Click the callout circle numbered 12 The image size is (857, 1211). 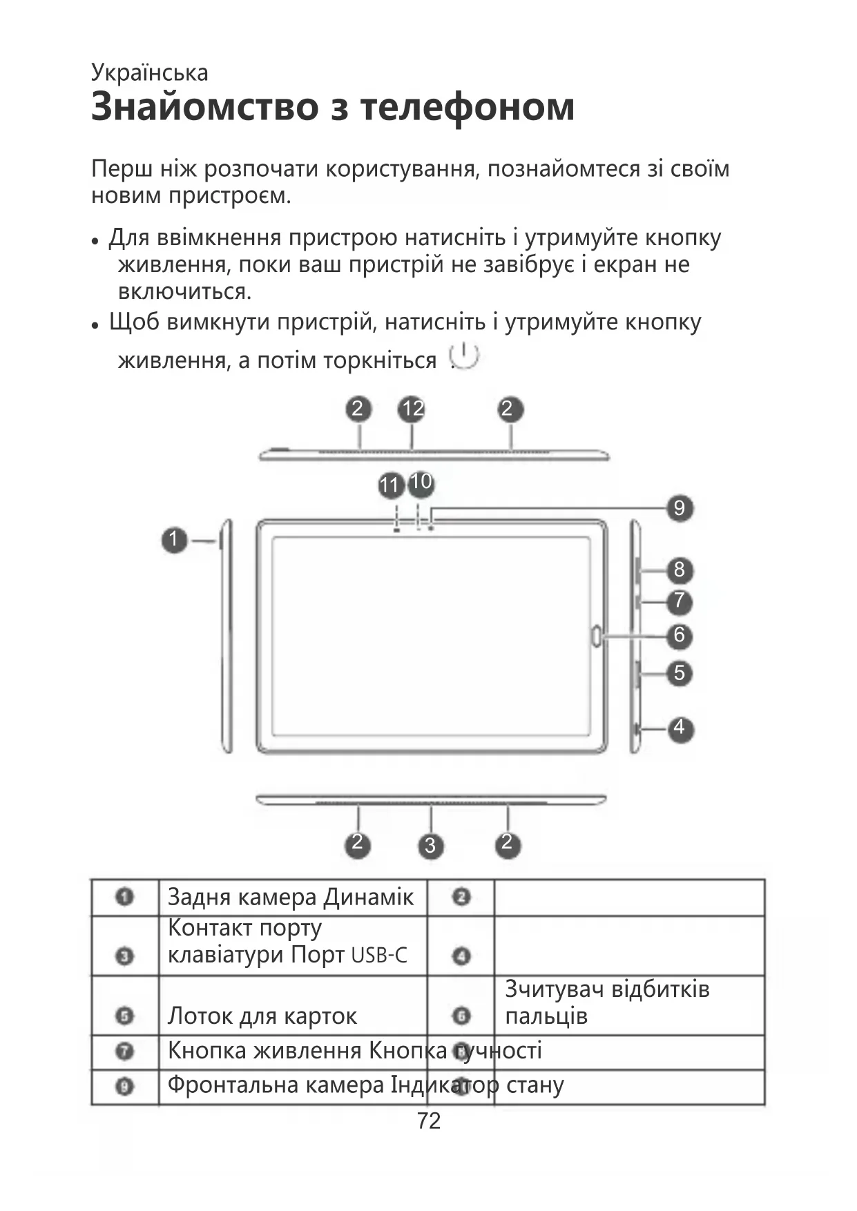[412, 409]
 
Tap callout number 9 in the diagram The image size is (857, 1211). [679, 509]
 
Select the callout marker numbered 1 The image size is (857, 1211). [175, 539]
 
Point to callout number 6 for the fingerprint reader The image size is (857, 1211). [679, 635]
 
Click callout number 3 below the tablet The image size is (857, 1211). [430, 845]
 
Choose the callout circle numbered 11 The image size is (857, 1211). [390, 485]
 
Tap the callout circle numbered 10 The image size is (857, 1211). [421, 481]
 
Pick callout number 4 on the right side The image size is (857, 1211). [679, 727]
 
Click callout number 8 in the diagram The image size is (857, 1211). [679, 570]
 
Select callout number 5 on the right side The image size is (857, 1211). [679, 672]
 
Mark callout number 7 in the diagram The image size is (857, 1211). [679, 601]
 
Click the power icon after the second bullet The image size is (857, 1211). [464, 356]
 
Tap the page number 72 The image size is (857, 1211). [429, 1121]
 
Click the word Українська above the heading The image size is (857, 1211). [149, 72]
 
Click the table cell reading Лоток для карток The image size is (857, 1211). [262, 1016]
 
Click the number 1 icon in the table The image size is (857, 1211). [124, 898]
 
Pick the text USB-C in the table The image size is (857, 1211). [379, 956]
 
